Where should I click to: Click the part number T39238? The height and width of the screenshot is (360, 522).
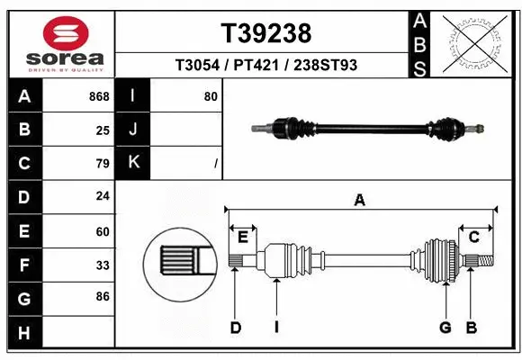tap(266, 33)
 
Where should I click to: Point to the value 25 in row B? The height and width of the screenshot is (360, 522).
tap(102, 130)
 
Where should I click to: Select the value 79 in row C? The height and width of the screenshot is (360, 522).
tap(102, 163)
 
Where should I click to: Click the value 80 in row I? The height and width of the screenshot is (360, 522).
tap(211, 96)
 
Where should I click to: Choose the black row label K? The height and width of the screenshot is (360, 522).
tap(134, 163)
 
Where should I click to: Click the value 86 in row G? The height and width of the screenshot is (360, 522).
tap(102, 295)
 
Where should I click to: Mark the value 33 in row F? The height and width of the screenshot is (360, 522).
tap(102, 265)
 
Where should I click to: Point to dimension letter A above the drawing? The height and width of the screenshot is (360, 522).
tap(359, 201)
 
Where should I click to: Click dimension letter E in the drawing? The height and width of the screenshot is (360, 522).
tap(242, 236)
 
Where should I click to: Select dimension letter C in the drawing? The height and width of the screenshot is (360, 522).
tap(472, 236)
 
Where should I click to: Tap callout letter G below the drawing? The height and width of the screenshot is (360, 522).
tap(445, 328)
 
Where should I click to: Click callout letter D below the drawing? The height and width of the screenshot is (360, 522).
tap(235, 328)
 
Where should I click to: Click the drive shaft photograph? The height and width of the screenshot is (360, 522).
tap(369, 129)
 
